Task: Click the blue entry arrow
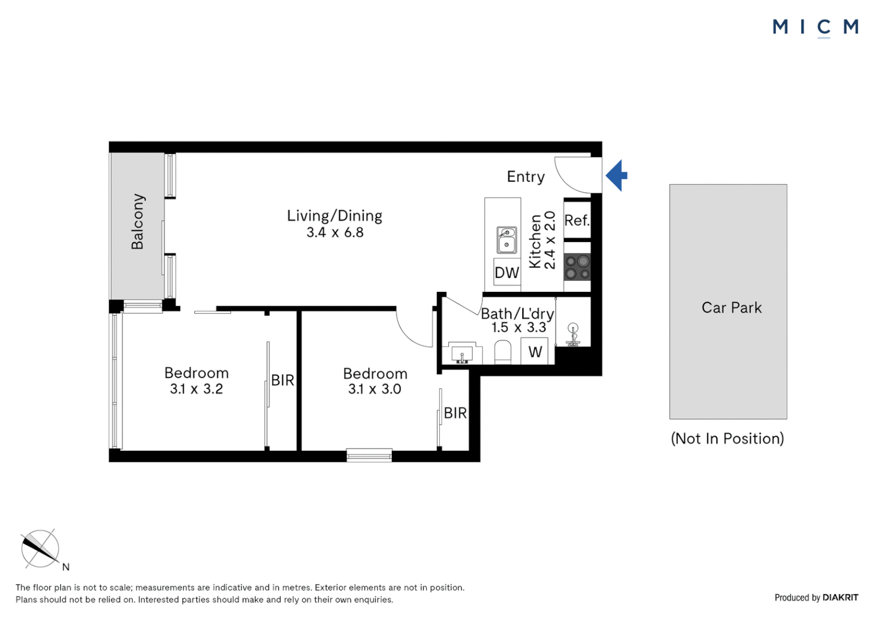[x=617, y=175]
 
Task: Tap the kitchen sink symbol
[x=507, y=240]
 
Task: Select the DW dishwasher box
[x=507, y=272]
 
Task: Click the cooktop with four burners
[x=577, y=267]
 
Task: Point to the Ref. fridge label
[x=577, y=220]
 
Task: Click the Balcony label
[x=137, y=221]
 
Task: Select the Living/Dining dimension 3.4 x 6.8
[x=335, y=232]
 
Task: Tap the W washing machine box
[x=535, y=351]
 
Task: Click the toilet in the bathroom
[x=502, y=352]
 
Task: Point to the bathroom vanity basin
[x=462, y=353]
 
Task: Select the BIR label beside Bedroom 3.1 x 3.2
[x=283, y=380]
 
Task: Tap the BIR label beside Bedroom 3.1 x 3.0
[x=455, y=413]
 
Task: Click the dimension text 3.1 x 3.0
[x=375, y=389]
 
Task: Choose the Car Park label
[x=732, y=308]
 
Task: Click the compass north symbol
[x=40, y=549]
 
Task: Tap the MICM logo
[x=815, y=27]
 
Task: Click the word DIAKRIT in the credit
[x=840, y=597]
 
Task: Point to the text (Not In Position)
[x=727, y=438]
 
